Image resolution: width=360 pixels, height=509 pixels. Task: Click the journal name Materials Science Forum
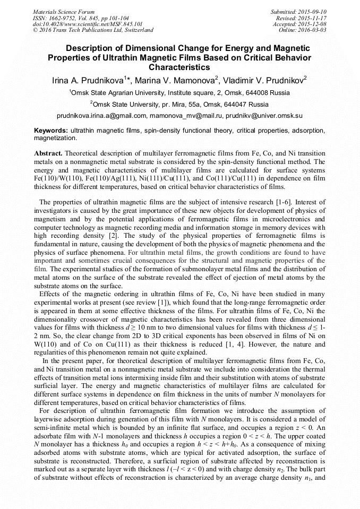[x=64, y=12]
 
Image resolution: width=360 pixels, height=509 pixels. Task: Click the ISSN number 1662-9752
[x=61, y=18]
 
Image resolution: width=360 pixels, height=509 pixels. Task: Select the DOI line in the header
[x=88, y=24]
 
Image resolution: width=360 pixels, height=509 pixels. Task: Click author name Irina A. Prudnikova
[x=88, y=81]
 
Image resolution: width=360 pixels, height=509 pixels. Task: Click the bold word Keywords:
[x=51, y=130]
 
